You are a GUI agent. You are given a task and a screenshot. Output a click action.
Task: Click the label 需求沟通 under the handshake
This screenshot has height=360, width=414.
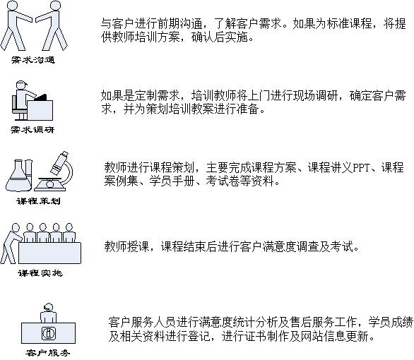[33, 60]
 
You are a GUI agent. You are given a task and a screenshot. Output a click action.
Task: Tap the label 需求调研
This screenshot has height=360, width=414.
[32, 130]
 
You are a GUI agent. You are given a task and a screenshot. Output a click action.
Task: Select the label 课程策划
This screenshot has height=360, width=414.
[39, 201]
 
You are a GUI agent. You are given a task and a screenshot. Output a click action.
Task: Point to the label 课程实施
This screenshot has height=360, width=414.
[40, 273]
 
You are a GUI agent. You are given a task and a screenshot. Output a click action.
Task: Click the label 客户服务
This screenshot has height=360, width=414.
[48, 353]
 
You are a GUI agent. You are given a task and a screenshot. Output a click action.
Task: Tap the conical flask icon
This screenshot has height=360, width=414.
[18, 175]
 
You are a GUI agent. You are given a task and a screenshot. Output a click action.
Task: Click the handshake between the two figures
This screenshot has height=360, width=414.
[33, 19]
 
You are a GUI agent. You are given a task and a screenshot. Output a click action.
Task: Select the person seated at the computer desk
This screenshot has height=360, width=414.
[23, 100]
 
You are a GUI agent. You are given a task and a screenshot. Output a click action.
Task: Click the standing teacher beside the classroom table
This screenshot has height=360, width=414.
[10, 244]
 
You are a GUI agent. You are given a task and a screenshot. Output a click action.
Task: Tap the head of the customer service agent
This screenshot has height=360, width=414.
[48, 307]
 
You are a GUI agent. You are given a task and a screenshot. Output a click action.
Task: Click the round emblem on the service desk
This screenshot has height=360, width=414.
[48, 333]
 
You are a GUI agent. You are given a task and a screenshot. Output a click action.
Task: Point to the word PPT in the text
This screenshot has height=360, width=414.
[361, 168]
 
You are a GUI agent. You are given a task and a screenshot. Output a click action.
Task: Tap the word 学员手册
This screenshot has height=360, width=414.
[172, 181]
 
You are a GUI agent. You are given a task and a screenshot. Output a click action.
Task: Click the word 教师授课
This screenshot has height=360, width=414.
[126, 247]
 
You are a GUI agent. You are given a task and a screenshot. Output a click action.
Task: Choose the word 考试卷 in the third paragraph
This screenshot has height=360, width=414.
[223, 181]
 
